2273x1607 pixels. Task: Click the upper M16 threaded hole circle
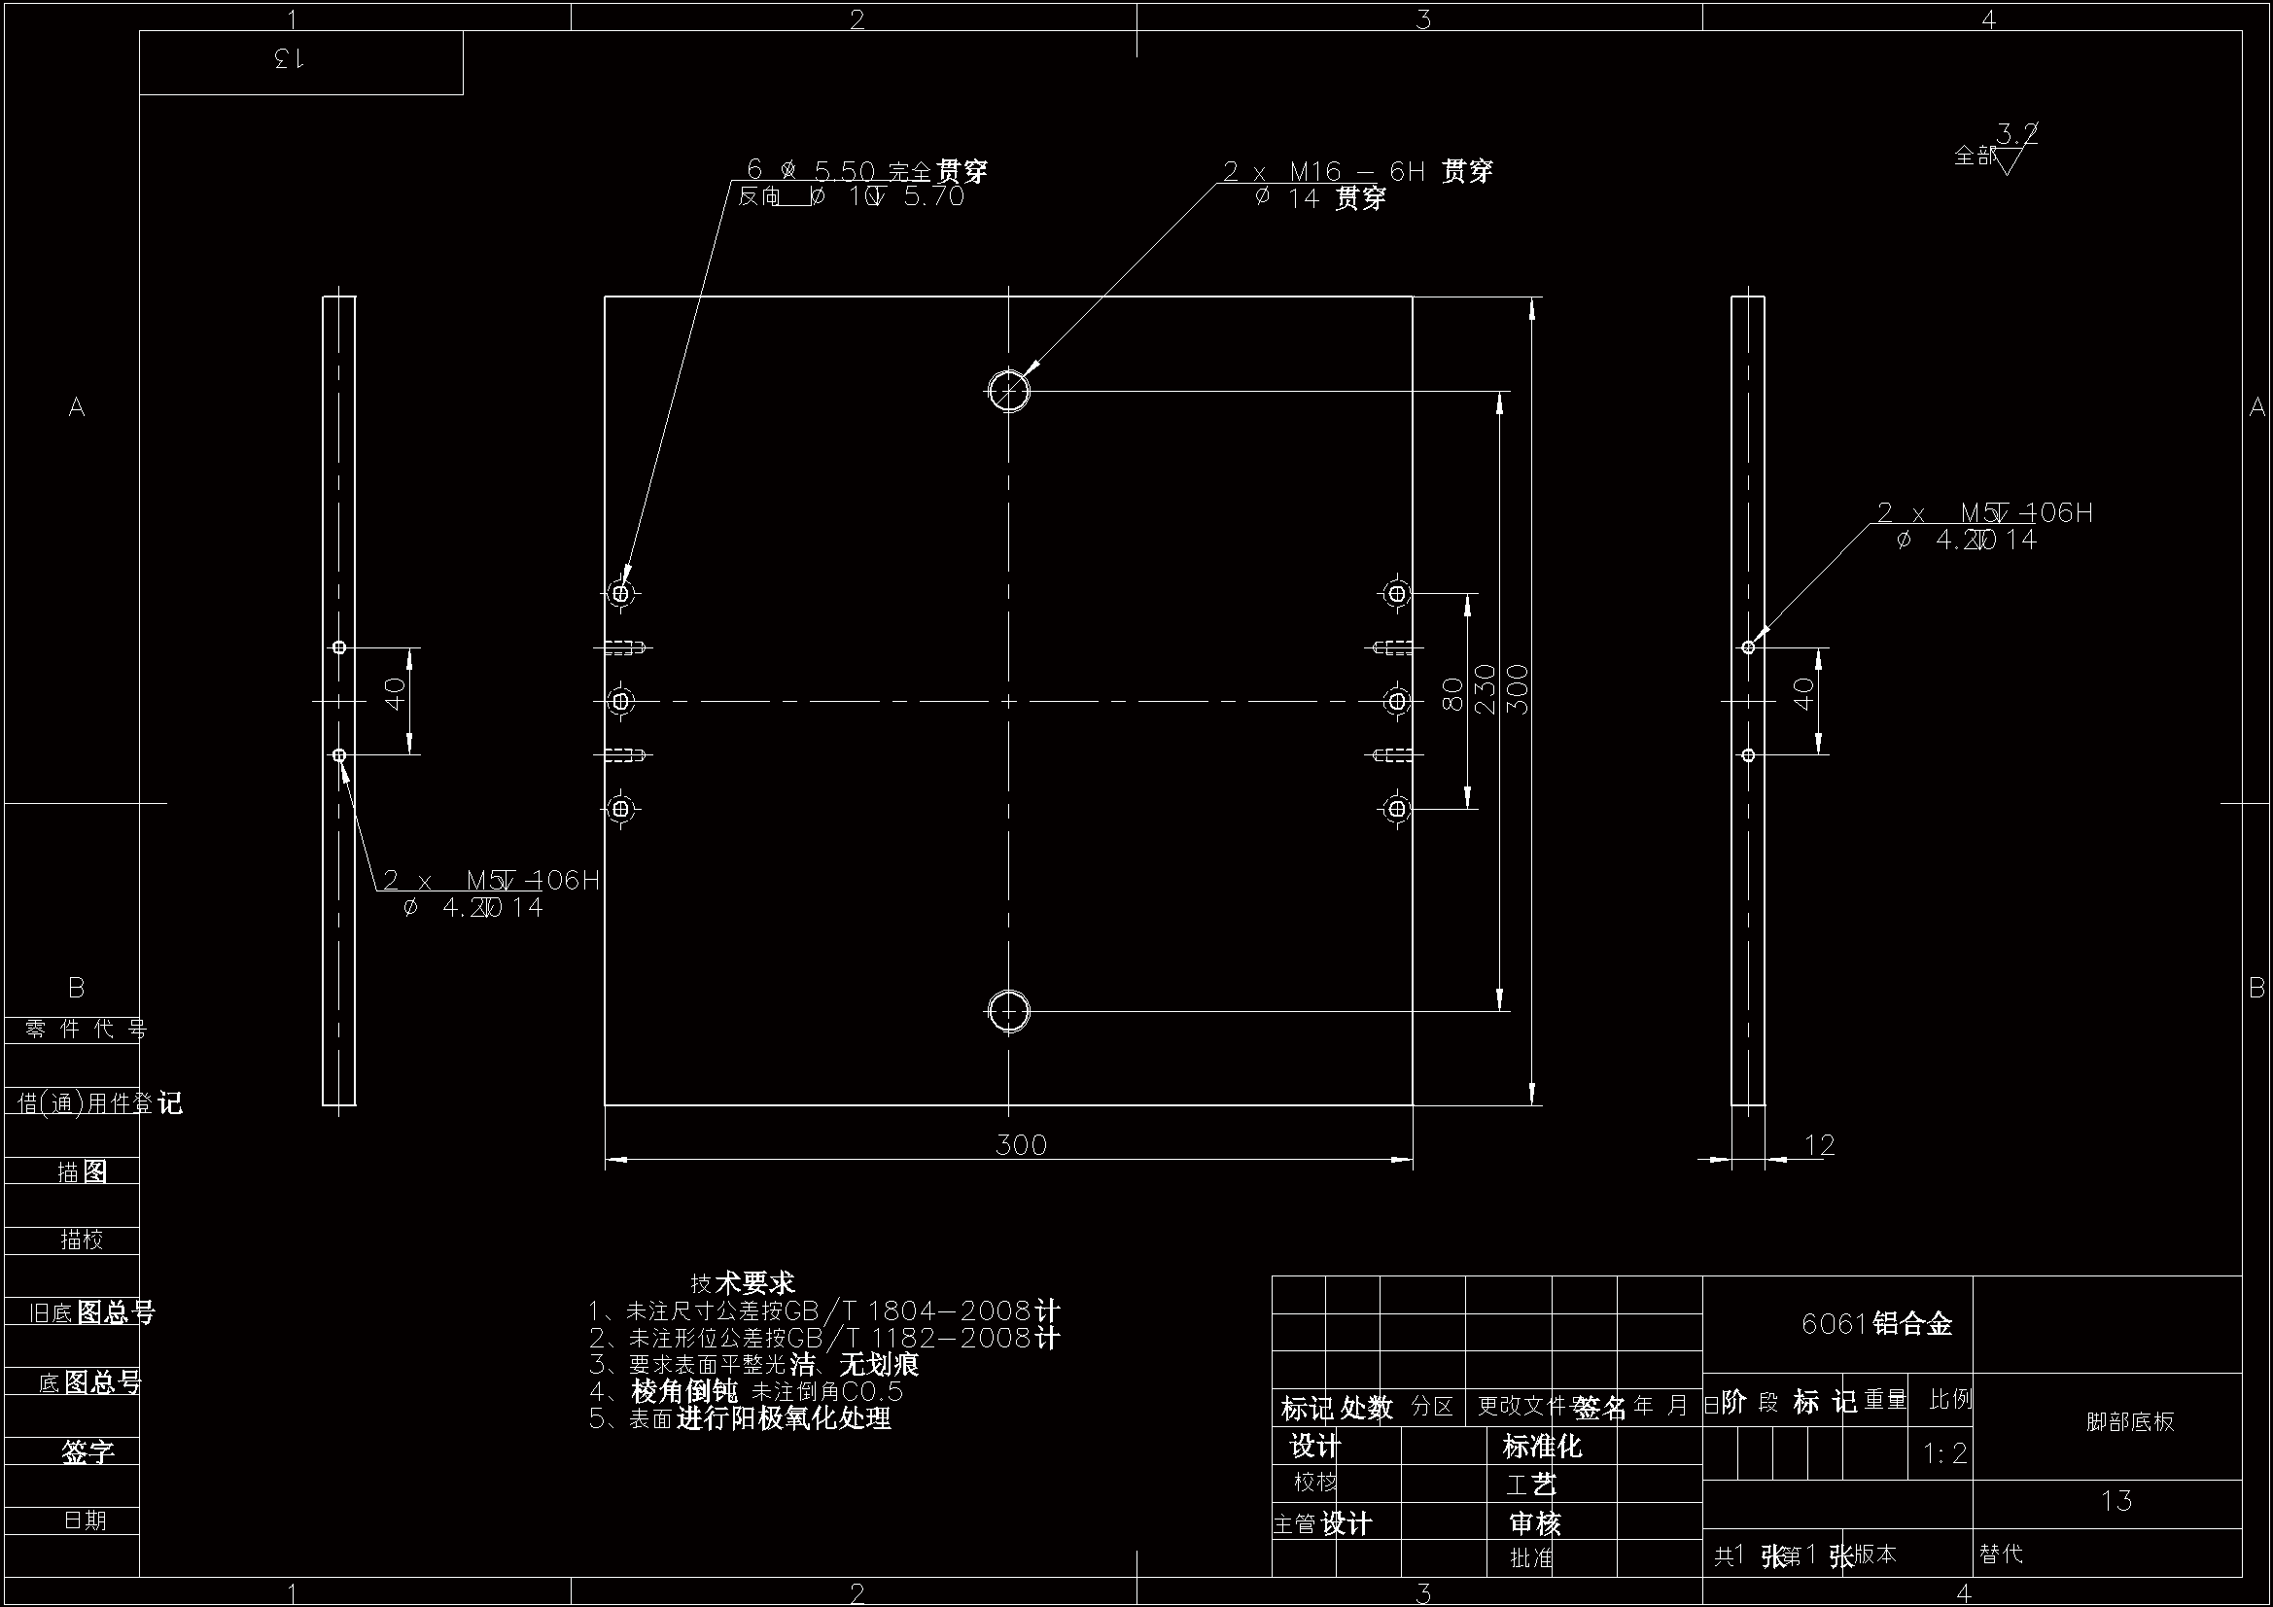[x=1009, y=390]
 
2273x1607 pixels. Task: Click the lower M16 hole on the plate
[x=1009, y=1011]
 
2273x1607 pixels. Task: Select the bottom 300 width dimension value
[x=1021, y=1145]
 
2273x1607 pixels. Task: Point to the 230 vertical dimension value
[x=1485, y=689]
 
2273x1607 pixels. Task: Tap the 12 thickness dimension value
[x=1820, y=1145]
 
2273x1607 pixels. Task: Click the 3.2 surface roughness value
[x=2016, y=132]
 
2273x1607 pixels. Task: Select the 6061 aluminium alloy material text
[x=1876, y=1324]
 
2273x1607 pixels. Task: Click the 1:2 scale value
[x=1944, y=1453]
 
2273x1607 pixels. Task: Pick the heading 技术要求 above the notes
[x=743, y=1283]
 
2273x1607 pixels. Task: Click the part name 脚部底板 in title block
[x=2130, y=1422]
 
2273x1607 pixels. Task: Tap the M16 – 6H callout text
[x=1356, y=171]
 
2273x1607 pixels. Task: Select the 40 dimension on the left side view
[x=395, y=693]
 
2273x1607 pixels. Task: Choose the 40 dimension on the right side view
[x=1803, y=693]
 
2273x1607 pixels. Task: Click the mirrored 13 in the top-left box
[x=288, y=60]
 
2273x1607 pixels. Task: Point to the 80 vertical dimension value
[x=1453, y=693]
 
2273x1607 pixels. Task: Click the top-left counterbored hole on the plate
[x=620, y=593]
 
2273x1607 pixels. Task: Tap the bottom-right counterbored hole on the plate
[x=1397, y=809]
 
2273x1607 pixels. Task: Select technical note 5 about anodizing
[x=741, y=1418]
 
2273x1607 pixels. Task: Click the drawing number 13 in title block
[x=2116, y=1501]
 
